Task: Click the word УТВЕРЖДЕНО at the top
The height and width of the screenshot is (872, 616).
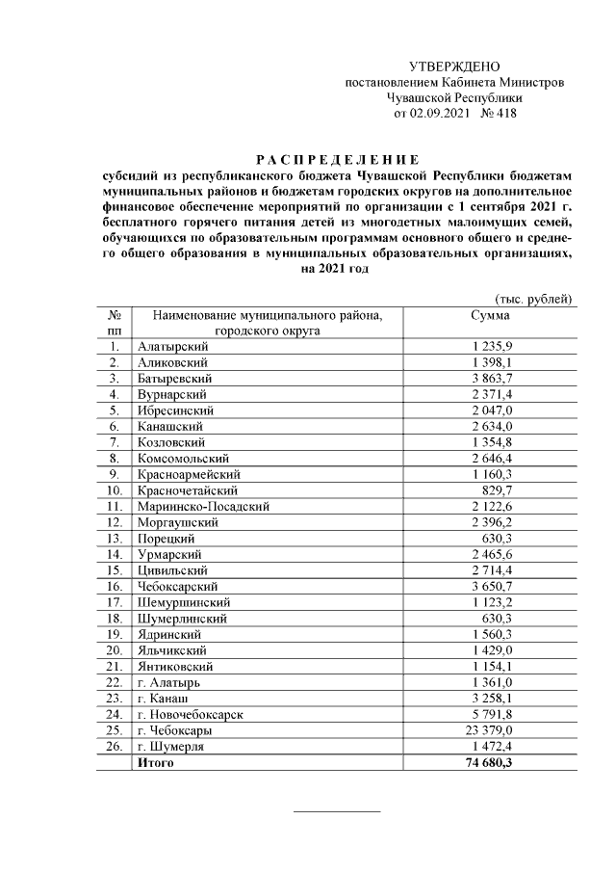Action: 454,66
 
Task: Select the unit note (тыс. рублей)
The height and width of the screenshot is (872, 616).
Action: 533,300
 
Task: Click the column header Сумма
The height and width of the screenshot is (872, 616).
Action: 490,315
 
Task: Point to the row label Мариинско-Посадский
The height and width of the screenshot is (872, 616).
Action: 202,506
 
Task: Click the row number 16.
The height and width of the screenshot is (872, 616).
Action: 114,586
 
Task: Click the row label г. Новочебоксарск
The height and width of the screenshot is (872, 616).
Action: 189,714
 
